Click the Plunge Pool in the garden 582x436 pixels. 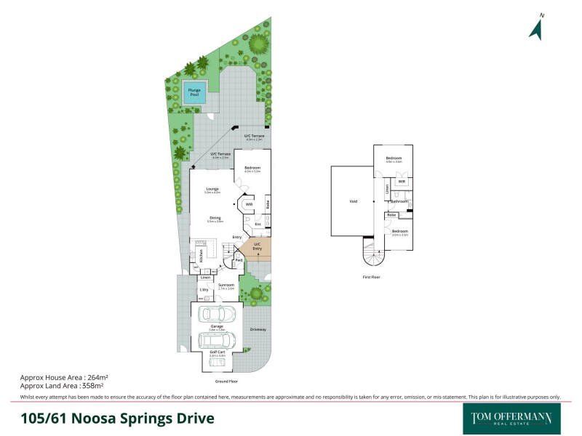coord(194,93)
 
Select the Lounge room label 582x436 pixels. coord(212,190)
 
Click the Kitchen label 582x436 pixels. coord(200,255)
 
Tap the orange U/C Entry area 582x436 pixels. coord(257,247)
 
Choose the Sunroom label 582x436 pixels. coord(226,286)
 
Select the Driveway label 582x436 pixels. coord(258,329)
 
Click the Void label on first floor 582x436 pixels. coord(353,201)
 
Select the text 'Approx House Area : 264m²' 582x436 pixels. coord(64,378)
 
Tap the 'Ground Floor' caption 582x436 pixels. coord(226,381)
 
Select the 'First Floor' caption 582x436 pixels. coord(371,277)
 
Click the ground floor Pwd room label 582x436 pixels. coord(238,260)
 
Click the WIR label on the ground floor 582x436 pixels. coord(249,205)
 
